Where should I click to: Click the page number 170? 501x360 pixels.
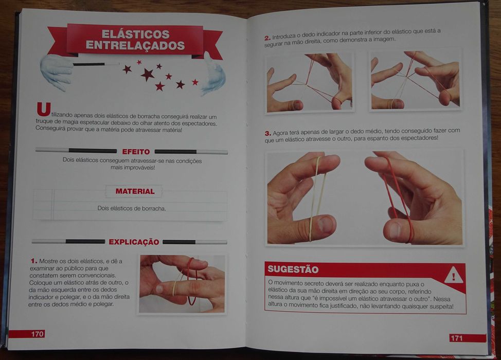coord(38,334)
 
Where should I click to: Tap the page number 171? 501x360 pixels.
coord(456,338)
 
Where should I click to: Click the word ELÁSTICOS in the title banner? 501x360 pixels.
coord(135,34)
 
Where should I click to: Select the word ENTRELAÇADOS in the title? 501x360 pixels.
coord(135,45)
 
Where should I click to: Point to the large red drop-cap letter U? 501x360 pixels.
coord(43,110)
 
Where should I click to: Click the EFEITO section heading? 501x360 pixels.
coord(136,152)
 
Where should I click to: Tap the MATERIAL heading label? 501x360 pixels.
coord(135,191)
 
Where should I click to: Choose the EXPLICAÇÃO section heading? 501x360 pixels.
coord(134,242)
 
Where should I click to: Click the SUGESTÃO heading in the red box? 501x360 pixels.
coord(293,269)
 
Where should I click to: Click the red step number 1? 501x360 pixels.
coord(33,261)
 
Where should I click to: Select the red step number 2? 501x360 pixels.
coord(267,38)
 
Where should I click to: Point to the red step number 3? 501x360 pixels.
coord(268,133)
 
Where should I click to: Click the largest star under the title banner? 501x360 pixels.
coord(147,75)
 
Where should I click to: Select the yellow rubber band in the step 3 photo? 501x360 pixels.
coord(316,198)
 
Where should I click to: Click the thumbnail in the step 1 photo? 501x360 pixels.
coord(159,289)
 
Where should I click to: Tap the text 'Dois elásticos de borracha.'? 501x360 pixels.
coord(132,208)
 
